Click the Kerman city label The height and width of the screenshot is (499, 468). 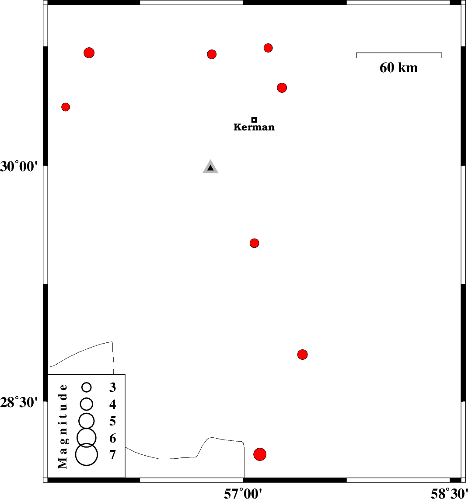coord(254,127)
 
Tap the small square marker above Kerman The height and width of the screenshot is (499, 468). coord(254,120)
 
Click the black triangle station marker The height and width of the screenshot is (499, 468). coord(210,167)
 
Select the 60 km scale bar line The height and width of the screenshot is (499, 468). coord(399,53)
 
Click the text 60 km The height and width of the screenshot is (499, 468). coord(399,68)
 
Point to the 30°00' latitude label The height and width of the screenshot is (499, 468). coord(19,166)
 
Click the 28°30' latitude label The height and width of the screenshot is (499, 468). coord(19,403)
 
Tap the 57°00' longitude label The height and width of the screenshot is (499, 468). coord(243,494)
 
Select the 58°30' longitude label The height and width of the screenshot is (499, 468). coord(449,494)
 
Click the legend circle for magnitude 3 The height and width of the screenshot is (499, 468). coord(87,387)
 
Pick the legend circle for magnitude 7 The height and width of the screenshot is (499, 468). coord(87,455)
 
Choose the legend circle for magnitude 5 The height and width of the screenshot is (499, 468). coord(87,421)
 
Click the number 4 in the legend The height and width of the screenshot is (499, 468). coord(112,404)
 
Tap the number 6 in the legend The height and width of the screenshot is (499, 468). coord(112,439)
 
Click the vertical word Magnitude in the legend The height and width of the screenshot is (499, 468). coord(63,426)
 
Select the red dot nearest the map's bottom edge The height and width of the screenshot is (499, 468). coord(260,454)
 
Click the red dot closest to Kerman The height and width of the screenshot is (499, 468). coord(282,88)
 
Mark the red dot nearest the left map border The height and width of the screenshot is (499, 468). coord(66,107)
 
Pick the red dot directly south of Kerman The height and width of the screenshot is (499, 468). coord(254,243)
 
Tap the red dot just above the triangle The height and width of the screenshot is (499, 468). coord(212,54)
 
